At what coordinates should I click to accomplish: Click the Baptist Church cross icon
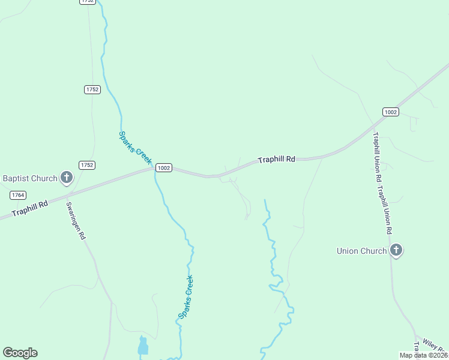pos(67,178)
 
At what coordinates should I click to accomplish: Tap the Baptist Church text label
pos(30,178)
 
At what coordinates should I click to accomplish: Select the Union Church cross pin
pos(396,250)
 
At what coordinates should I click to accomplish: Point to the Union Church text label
pos(361,251)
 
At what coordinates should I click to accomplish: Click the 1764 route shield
pos(17,195)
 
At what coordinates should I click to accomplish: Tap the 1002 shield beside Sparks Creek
pos(164,168)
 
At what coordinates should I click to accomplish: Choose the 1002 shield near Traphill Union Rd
pos(390,112)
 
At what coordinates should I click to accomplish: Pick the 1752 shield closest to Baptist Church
pos(87,165)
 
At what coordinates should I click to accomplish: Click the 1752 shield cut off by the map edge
pos(87,2)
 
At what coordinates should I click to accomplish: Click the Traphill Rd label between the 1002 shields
pos(277,160)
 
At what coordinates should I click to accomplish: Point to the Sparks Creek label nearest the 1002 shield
pos(135,148)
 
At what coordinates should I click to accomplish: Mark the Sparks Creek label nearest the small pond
pos(186,296)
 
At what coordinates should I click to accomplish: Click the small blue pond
pos(143,346)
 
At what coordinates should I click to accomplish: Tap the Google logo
pos(20,352)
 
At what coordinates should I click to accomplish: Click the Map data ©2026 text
pos(423,355)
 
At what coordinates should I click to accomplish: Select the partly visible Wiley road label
pos(435,345)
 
